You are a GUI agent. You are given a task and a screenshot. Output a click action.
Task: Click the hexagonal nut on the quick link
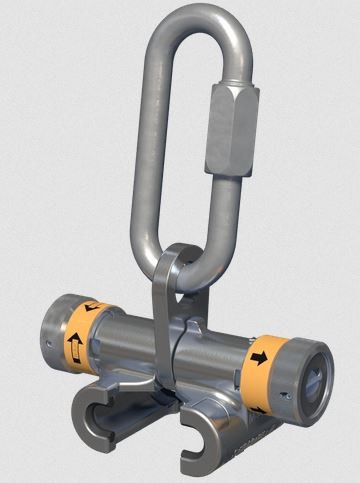231,127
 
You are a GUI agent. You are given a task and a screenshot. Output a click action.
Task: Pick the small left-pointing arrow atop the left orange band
93,307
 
